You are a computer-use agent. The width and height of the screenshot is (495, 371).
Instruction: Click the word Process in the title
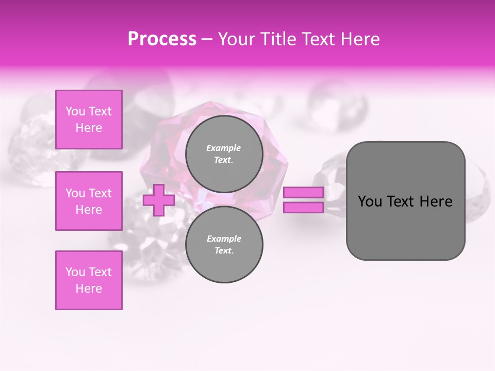click(x=162, y=39)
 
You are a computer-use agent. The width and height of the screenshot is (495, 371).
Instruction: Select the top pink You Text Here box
click(x=89, y=120)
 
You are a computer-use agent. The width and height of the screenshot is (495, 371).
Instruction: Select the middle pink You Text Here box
click(x=89, y=201)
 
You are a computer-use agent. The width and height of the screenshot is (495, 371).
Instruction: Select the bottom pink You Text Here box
click(x=89, y=280)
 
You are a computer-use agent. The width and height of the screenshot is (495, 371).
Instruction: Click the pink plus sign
click(x=158, y=200)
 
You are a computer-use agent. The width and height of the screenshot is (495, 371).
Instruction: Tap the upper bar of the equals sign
click(x=303, y=192)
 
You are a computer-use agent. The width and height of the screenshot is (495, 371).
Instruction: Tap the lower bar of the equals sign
click(x=303, y=207)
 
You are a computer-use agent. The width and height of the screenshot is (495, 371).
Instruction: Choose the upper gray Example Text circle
click(x=224, y=154)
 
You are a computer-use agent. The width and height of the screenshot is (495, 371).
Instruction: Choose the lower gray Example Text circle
click(x=224, y=244)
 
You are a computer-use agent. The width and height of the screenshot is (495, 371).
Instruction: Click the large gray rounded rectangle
click(x=405, y=227)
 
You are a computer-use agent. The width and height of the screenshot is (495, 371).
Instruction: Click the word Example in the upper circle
click(x=223, y=148)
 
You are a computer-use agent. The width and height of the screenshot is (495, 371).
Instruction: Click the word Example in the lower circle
click(x=223, y=239)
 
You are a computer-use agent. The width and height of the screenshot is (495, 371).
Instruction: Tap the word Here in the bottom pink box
click(x=89, y=289)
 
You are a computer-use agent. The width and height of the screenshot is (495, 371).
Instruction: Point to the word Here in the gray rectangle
click(x=436, y=201)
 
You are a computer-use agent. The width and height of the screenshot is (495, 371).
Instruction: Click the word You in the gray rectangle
click(x=370, y=201)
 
